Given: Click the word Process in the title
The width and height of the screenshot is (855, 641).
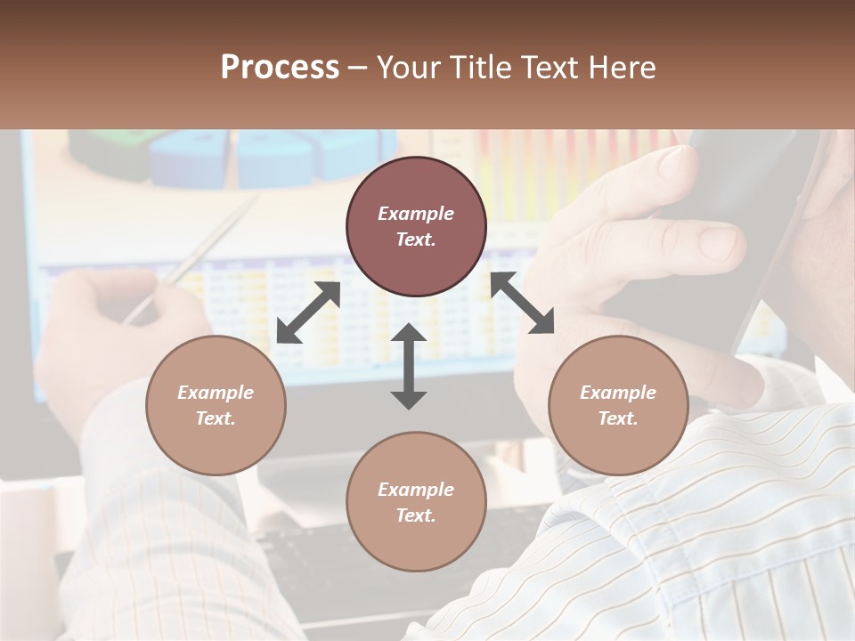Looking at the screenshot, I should coord(280,68).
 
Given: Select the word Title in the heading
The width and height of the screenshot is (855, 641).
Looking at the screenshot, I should coord(482,68).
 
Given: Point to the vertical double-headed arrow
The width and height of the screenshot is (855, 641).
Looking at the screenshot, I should coord(409,367).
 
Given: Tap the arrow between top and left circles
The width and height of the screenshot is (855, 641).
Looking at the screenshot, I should coord(308,312).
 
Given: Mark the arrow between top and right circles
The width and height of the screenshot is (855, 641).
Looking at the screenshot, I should coord(522,303).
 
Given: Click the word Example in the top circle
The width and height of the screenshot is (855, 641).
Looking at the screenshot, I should coord(416,214).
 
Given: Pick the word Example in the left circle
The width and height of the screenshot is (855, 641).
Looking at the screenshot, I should coord(216,393).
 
